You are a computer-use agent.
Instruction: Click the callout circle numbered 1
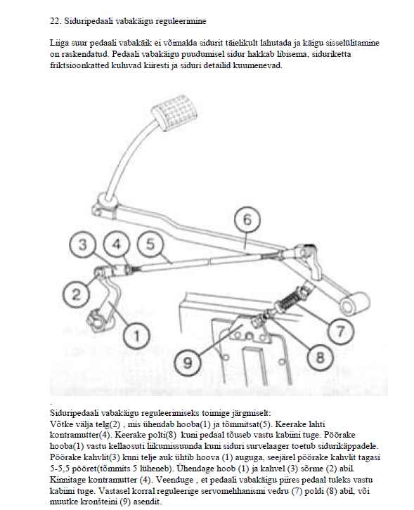tap(137, 335)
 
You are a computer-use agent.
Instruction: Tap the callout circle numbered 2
tap(76, 294)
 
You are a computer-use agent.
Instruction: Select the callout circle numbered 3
tap(83, 244)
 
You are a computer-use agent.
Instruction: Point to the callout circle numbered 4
tap(117, 244)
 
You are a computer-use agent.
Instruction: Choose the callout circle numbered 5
tap(150, 244)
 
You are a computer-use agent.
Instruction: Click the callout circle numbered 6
tap(247, 220)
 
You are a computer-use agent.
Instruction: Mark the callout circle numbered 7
tap(340, 332)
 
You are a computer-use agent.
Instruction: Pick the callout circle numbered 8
tap(321, 358)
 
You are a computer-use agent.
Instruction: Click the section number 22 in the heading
tap(56, 21)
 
